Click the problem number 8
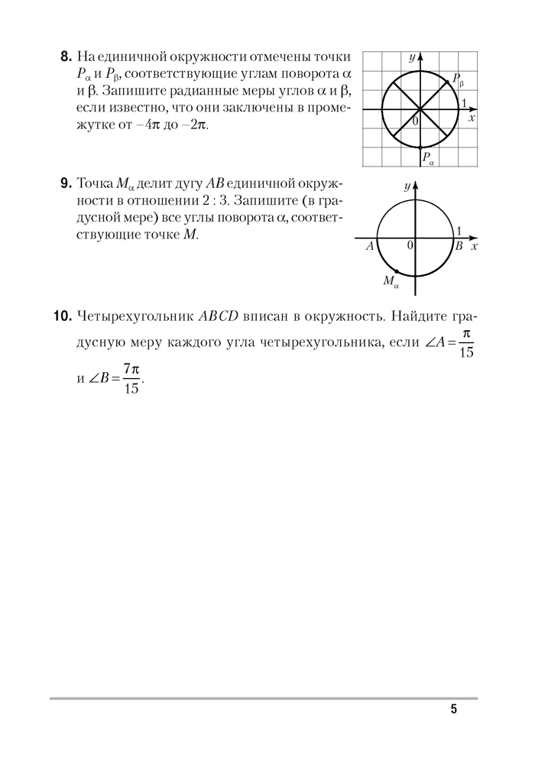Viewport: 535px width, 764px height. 65,57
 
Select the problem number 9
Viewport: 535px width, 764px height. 65,184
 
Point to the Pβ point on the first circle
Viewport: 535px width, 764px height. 446,83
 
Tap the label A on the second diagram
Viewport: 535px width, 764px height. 369,247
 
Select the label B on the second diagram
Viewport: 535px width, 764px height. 459,247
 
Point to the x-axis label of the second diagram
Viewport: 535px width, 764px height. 475,247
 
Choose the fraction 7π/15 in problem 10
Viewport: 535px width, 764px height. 131,379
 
